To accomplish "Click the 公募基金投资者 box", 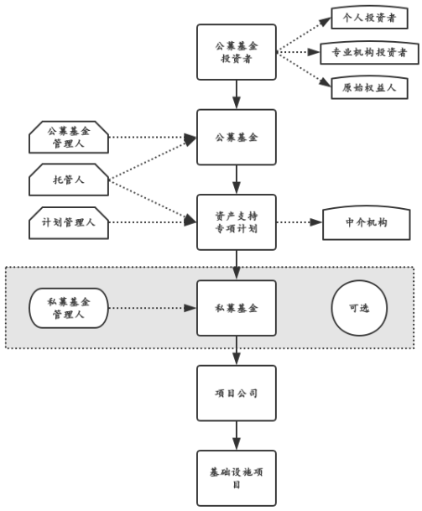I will [x=237, y=52].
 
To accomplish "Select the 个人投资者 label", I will [x=363, y=17].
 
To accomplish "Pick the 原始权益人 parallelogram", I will [x=363, y=86].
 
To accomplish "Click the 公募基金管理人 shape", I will [x=69, y=137].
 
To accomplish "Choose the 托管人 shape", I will [x=69, y=179].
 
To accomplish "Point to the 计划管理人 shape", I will [x=69, y=222].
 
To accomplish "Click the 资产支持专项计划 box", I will [x=237, y=222].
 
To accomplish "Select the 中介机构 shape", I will [x=367, y=222].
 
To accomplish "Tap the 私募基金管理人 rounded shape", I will [x=69, y=308].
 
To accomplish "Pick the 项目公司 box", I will [x=237, y=393].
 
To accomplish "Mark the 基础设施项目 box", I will [x=237, y=477].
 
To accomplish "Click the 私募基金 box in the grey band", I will [x=237, y=308].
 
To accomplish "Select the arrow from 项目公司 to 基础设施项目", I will [x=237, y=435].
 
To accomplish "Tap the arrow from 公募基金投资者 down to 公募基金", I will [x=237, y=94].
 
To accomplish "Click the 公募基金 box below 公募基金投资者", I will [x=237, y=137].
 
